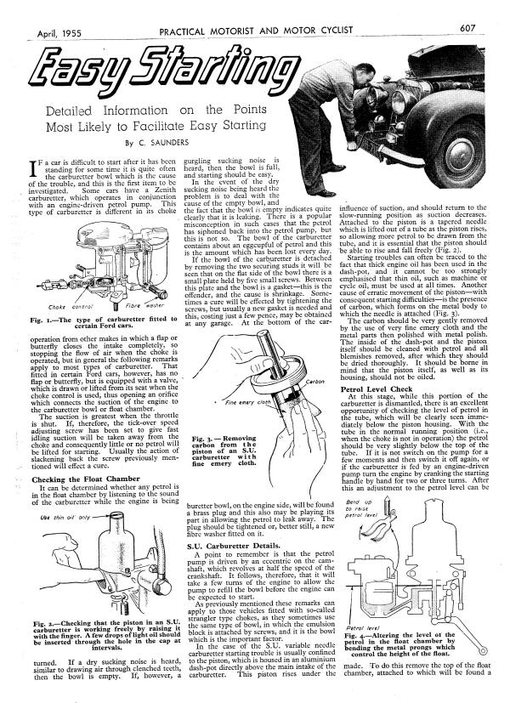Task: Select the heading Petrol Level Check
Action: click(378, 391)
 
